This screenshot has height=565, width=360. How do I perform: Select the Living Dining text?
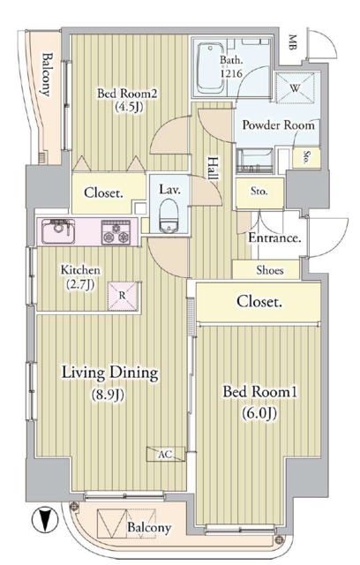(x=109, y=373)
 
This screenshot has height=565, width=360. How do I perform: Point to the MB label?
(x=292, y=39)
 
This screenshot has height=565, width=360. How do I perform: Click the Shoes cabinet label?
(x=270, y=270)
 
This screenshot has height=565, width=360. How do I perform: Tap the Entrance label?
(x=276, y=238)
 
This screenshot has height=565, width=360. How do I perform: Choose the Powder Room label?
(x=278, y=124)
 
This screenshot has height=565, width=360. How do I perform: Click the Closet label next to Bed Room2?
(x=103, y=192)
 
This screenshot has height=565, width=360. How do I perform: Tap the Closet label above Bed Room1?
(x=259, y=302)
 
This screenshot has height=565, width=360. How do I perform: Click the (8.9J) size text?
(x=109, y=395)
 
